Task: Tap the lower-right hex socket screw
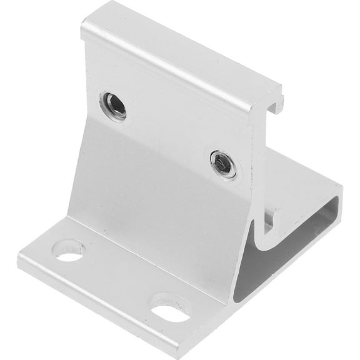tap(223, 164)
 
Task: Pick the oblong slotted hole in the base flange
tap(170, 311)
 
